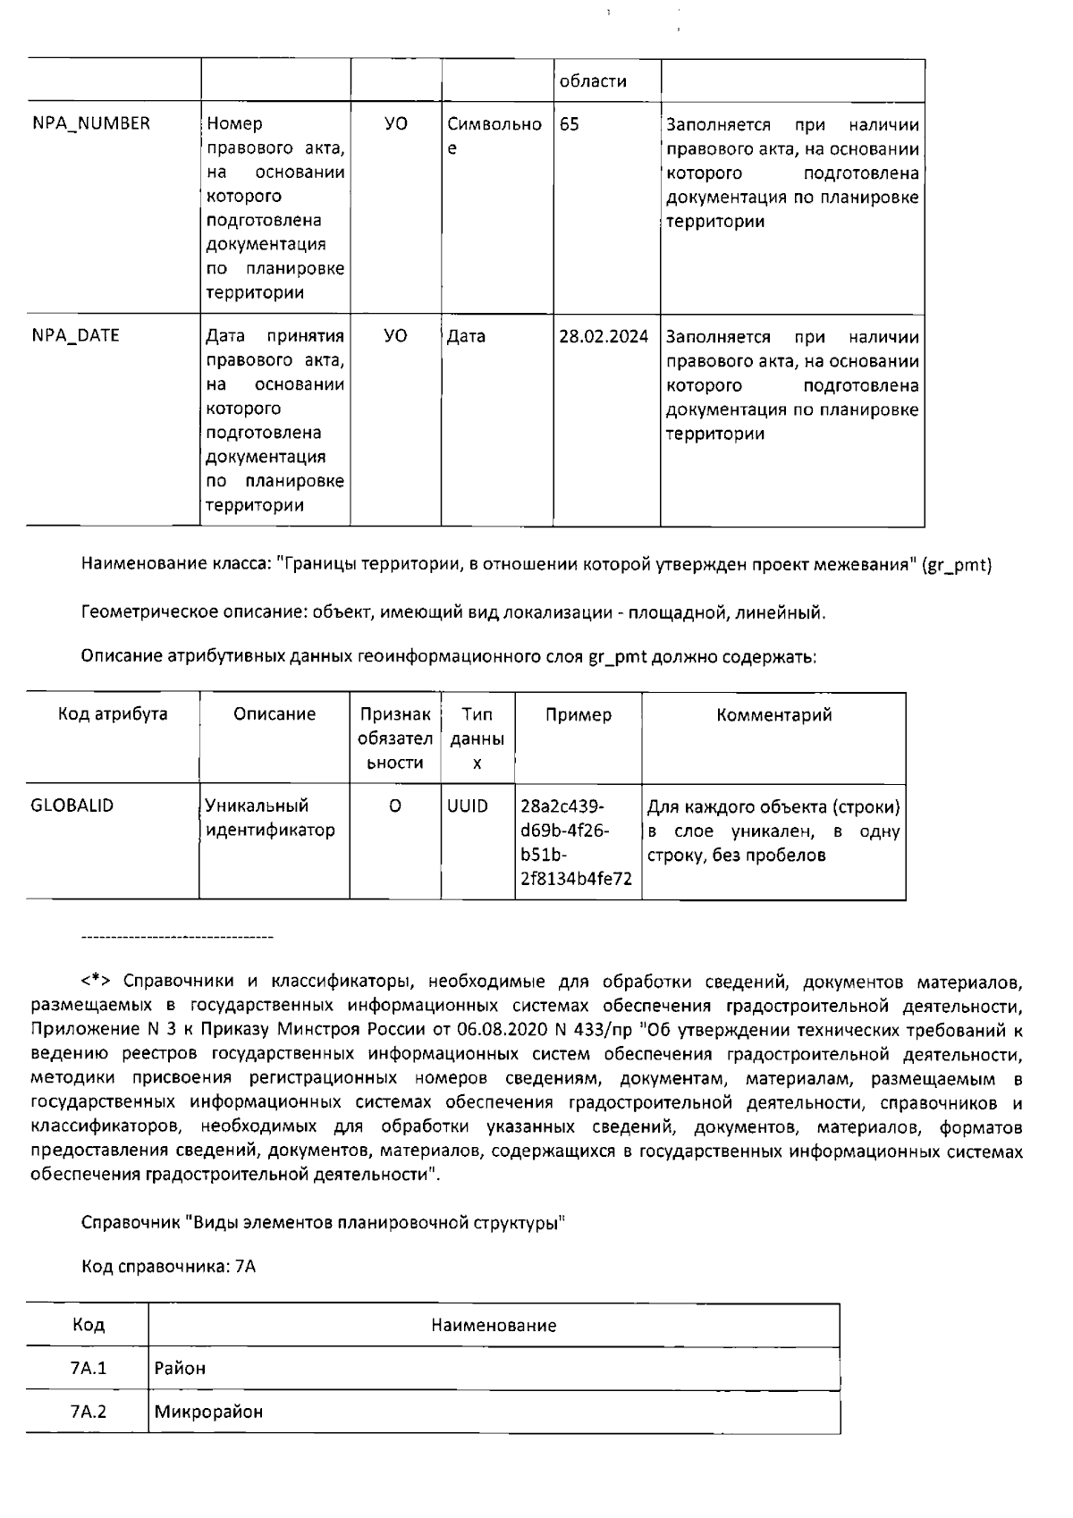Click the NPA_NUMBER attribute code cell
point(91,124)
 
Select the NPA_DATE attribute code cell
point(76,336)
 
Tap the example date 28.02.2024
point(604,337)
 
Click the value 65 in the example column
point(570,124)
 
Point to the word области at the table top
point(592,81)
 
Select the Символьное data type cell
point(494,136)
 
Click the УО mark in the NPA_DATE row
point(395,336)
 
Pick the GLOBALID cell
point(72,805)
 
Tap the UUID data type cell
point(468,806)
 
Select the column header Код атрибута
point(113,714)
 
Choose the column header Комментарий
point(774,714)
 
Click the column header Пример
point(579,714)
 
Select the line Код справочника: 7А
point(168,1267)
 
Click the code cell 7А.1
point(88,1368)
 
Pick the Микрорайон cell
point(208,1413)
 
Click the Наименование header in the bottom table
point(494,1326)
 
